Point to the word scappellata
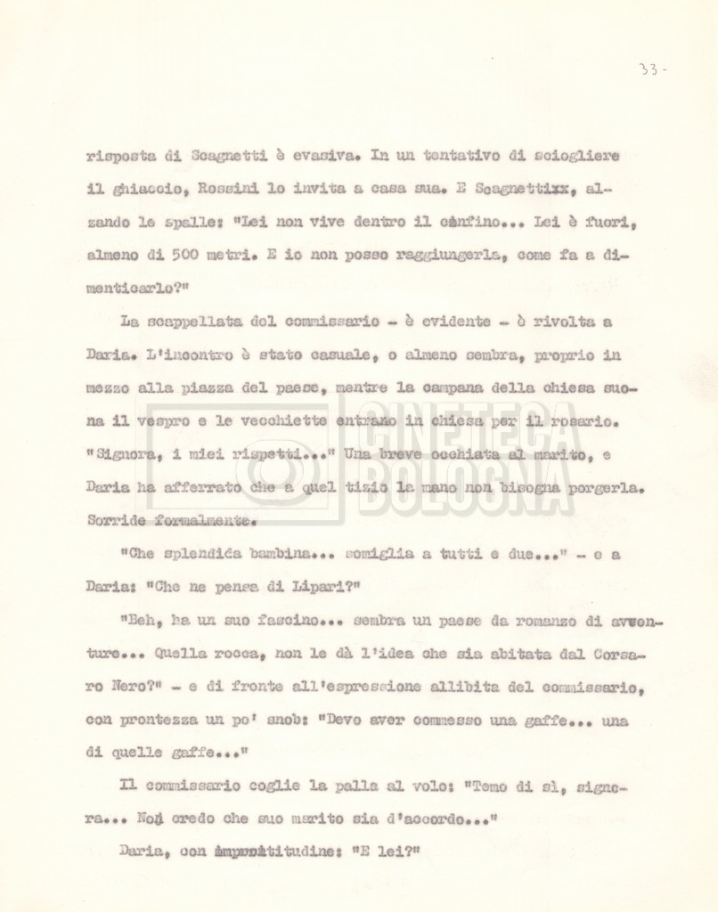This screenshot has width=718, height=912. click(190, 322)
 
